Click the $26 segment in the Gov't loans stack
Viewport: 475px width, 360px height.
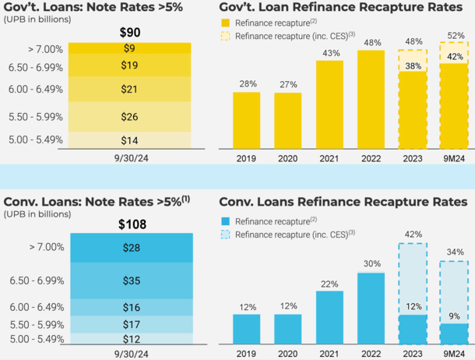pos(128,117)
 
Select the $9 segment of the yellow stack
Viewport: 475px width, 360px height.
pos(128,48)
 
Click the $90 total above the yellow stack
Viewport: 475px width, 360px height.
pos(129,33)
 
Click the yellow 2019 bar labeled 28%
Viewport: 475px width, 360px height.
pos(247,120)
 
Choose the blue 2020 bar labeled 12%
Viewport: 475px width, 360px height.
pos(288,329)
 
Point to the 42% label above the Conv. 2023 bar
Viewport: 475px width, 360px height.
pos(413,234)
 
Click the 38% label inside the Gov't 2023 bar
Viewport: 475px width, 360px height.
pos(413,65)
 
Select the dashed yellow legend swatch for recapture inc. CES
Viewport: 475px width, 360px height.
pos(225,35)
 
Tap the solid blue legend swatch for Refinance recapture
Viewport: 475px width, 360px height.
pos(225,221)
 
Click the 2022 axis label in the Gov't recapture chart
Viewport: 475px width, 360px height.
pos(372,158)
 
